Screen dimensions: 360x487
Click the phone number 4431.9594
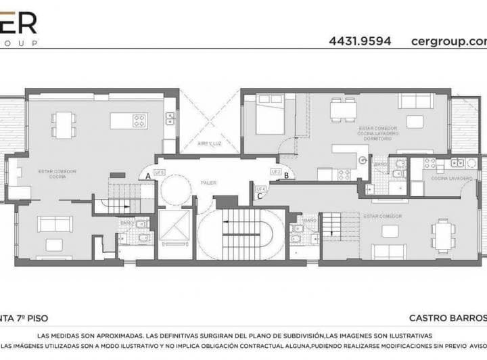click(360, 41)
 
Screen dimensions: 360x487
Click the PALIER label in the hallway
click(208, 182)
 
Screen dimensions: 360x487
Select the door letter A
click(147, 176)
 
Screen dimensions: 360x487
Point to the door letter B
click(286, 176)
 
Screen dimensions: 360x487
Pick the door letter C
click(260, 196)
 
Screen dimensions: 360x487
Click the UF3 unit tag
click(160, 173)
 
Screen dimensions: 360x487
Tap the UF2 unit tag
click(275, 172)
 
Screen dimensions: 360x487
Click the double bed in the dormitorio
click(268, 118)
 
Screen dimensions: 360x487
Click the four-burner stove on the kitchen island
click(140, 121)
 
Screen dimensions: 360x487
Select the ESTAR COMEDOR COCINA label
click(57, 174)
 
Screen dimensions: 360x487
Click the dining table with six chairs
click(443, 234)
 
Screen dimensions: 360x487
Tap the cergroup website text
click(448, 41)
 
